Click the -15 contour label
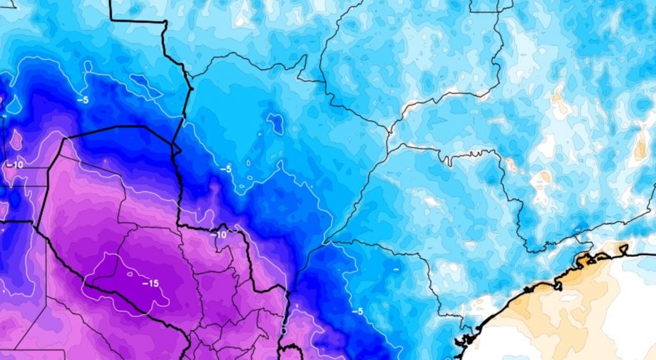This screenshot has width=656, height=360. [151, 283]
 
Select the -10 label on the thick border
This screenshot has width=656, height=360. [219, 235]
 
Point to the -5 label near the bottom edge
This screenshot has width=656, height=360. [357, 311]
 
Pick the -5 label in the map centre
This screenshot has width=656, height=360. [225, 169]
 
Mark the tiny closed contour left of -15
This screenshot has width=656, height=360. [129, 274]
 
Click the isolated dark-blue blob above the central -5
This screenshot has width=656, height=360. [275, 123]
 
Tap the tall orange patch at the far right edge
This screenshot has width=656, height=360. [641, 144]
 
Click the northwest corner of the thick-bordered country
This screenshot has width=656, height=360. [65, 138]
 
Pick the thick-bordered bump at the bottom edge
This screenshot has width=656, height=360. [292, 350]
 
